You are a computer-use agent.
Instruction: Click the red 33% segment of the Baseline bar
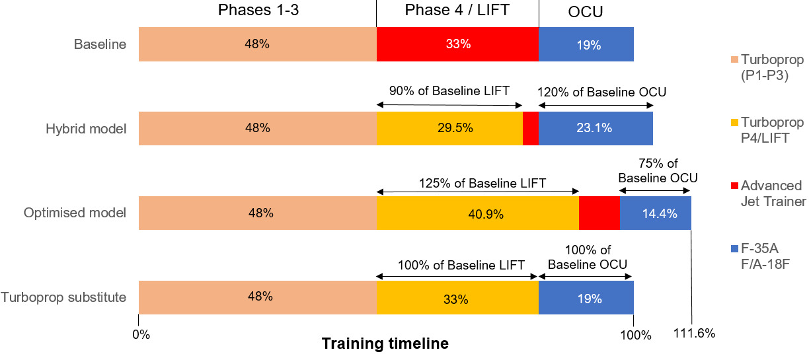457,45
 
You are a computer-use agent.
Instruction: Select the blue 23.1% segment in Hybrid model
596,128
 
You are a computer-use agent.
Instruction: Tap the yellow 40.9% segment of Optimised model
477,213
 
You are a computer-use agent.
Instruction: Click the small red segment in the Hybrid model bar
531,128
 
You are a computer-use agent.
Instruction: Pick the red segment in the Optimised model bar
599,213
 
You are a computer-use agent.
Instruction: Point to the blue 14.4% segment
655,213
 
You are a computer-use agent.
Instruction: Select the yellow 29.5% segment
449,128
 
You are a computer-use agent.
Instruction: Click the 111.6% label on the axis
693,333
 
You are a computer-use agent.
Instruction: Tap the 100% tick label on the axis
635,334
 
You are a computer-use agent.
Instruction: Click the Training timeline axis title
385,344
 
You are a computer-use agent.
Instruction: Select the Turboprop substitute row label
63,297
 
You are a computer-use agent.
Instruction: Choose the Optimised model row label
75,213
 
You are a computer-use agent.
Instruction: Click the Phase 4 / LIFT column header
457,11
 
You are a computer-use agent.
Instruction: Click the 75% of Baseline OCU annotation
658,171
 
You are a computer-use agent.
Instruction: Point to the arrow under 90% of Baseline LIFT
449,104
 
